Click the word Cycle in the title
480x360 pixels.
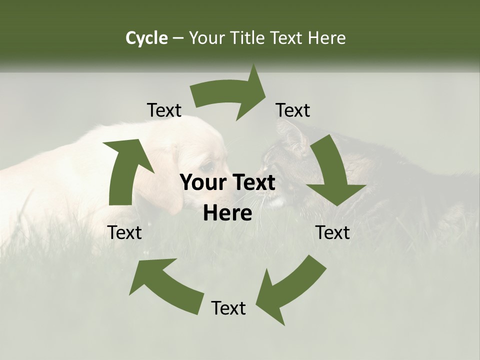point(146,38)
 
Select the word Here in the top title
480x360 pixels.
point(327,38)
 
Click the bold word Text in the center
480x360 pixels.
point(252,183)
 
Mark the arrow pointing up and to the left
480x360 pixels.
point(165,285)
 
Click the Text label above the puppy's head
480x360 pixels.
point(164,110)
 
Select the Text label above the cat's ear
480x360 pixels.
point(293,110)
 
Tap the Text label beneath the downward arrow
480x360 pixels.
point(332,232)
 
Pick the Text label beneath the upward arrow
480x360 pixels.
point(124,232)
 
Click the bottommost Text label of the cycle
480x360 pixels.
point(228,308)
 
